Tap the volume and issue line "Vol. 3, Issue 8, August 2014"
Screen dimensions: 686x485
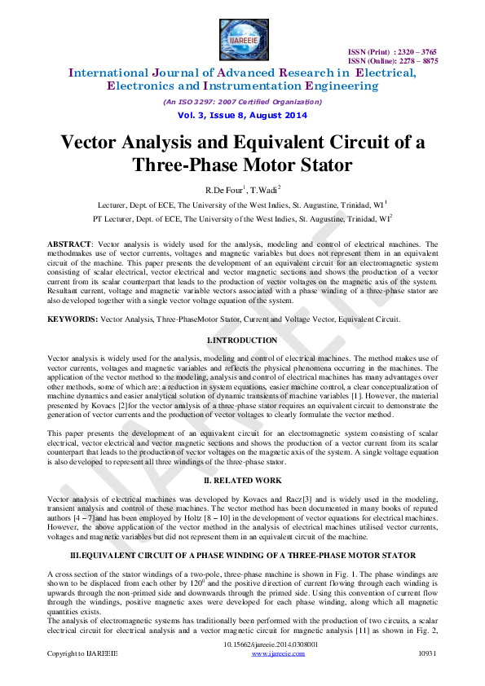[x=242, y=117]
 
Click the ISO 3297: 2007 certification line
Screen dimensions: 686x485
[x=242, y=102]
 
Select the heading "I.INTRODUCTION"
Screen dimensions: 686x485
[x=242, y=341]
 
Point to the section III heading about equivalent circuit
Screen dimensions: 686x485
[x=242, y=556]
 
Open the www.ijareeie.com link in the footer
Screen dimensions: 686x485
[x=271, y=653]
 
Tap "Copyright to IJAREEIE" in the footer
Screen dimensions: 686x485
[x=82, y=653]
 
